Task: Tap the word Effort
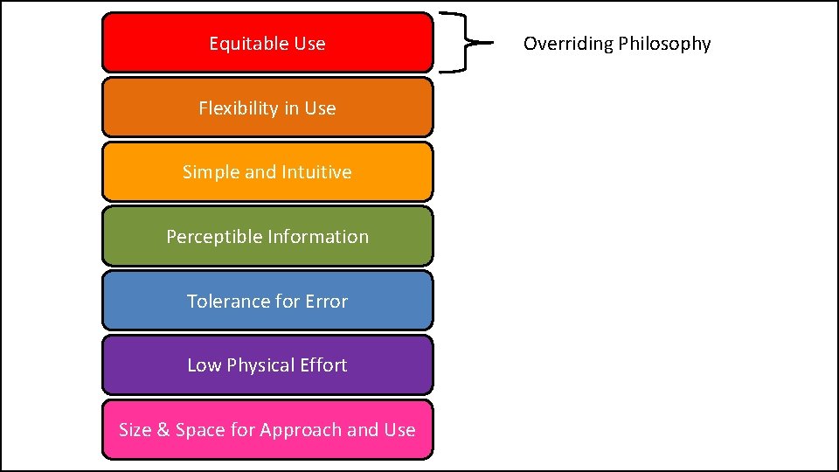pyautogui.click(x=323, y=365)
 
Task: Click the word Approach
pyautogui.click(x=301, y=431)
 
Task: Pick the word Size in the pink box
pyautogui.click(x=135, y=430)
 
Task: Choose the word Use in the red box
pyautogui.click(x=310, y=44)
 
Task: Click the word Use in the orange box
pyautogui.click(x=320, y=108)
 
